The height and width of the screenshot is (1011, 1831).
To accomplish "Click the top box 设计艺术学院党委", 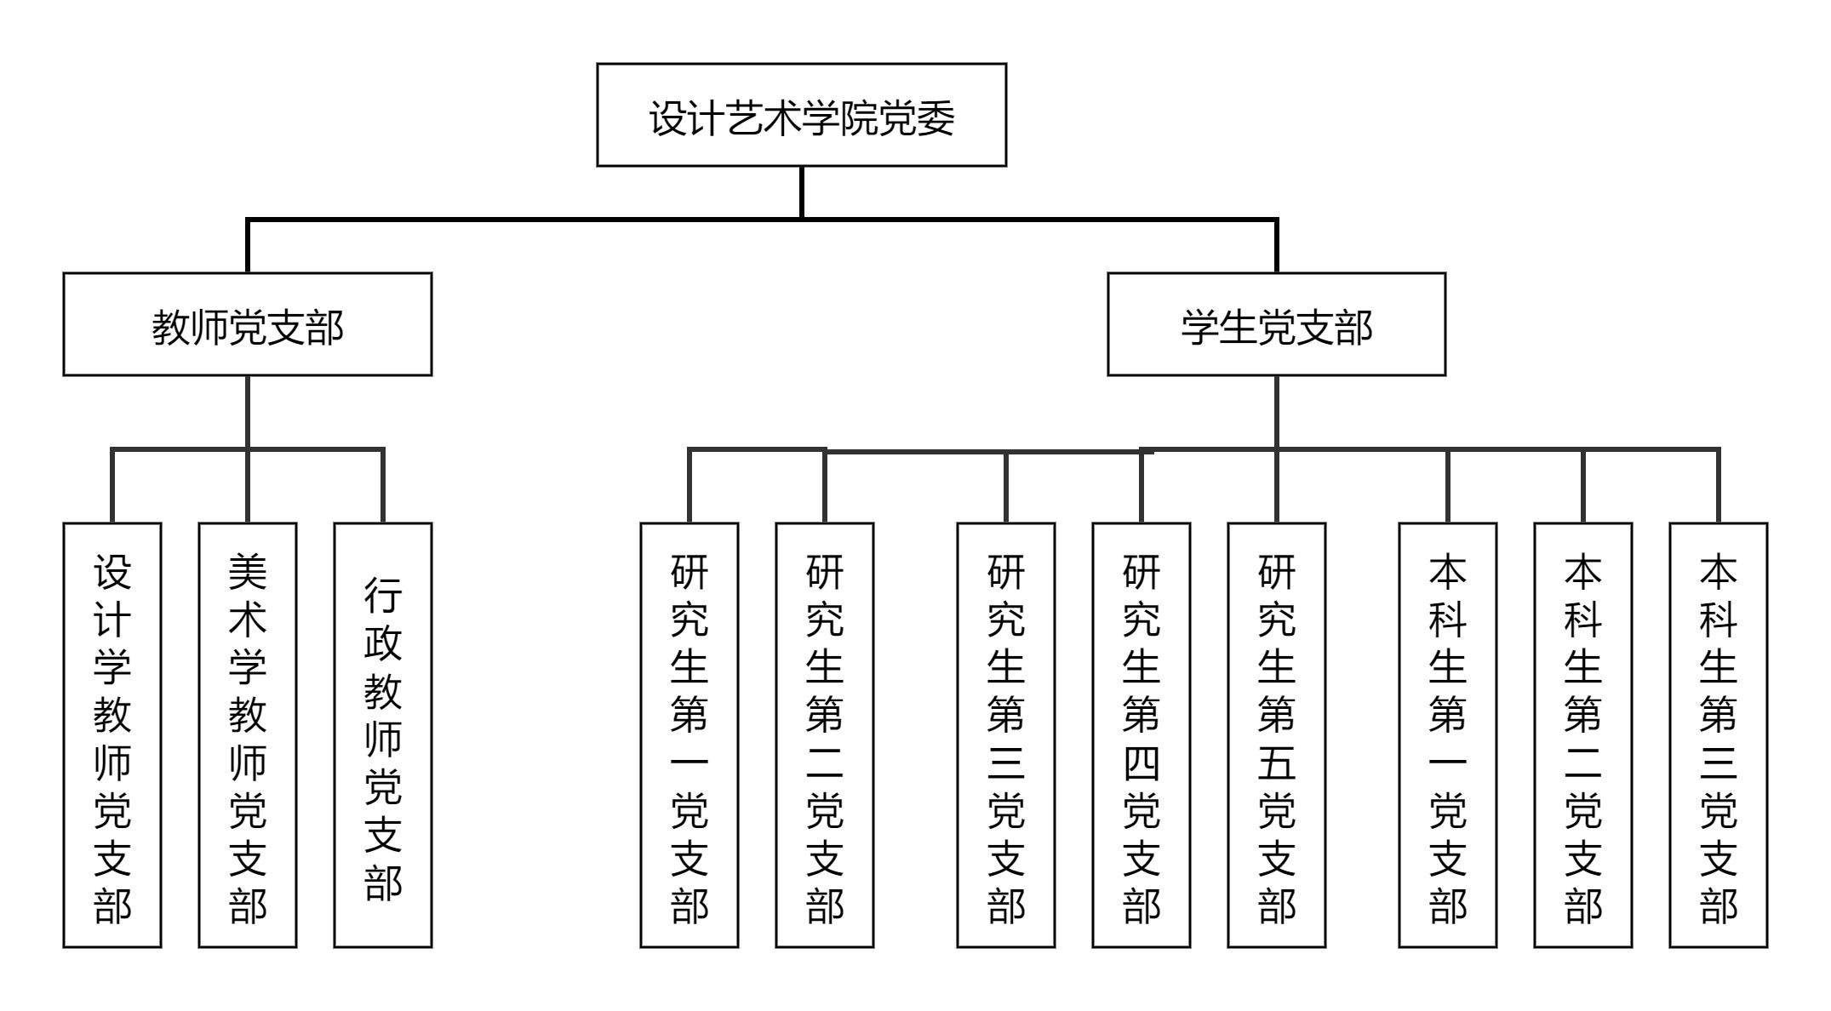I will click(801, 115).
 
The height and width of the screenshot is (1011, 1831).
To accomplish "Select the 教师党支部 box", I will click(247, 324).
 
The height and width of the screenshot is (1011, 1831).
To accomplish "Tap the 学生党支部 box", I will click(1275, 324).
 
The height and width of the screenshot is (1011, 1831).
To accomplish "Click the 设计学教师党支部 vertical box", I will click(112, 734).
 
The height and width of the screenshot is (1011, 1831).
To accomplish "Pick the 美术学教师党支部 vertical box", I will click(247, 734).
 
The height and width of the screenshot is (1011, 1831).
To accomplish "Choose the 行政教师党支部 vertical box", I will click(382, 734).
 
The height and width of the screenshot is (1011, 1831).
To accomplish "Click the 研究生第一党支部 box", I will click(689, 734).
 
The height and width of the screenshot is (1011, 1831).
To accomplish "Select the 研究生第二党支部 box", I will click(824, 734).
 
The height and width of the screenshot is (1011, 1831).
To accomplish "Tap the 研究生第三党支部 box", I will click(1005, 734).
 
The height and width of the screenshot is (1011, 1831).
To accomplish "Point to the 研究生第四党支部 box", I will click(1141, 734).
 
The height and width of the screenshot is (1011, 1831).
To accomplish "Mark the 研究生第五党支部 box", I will click(1276, 734).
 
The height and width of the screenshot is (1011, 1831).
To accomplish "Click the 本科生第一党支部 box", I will click(1447, 734).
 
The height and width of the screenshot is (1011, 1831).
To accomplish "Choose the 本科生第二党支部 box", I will click(1582, 734).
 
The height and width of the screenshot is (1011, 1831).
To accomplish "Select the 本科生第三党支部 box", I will click(1718, 734).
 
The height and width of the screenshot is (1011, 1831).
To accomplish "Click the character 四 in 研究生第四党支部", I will click(1141, 763).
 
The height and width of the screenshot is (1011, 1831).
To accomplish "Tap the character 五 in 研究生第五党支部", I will click(1276, 763).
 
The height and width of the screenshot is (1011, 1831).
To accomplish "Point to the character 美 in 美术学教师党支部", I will click(247, 572).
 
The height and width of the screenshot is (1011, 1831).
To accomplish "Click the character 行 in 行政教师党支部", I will click(382, 595).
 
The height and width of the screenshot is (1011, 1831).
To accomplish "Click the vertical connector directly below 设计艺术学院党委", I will click(801, 192).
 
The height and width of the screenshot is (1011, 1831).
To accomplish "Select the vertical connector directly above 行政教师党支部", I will click(382, 485).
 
